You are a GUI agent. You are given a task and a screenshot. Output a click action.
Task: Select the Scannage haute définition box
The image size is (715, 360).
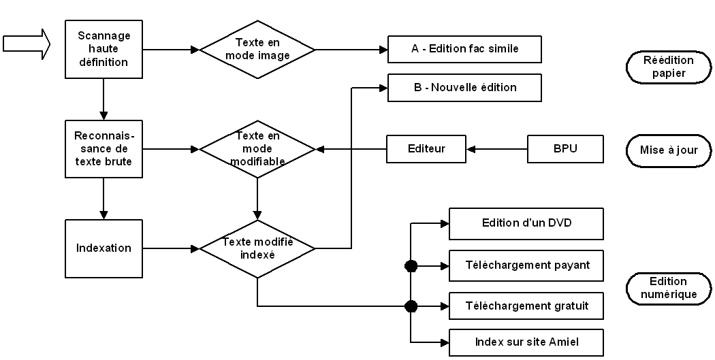[104, 49]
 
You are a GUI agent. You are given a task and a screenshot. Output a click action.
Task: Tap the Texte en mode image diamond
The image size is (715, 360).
[257, 50]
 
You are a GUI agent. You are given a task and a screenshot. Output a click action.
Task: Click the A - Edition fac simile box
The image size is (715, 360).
[464, 49]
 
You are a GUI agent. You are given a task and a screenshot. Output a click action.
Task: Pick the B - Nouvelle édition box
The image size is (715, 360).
[464, 88]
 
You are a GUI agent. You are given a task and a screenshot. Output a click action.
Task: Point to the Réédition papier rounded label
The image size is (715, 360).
[664, 67]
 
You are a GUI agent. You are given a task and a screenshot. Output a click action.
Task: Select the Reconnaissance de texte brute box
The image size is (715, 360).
[104, 148]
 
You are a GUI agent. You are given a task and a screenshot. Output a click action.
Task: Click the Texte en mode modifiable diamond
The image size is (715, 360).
[257, 148]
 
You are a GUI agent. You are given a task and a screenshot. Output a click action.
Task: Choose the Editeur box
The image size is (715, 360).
[426, 148]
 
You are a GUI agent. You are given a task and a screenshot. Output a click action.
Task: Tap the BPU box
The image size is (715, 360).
[565, 148]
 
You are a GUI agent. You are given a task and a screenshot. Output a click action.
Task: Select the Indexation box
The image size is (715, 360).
[104, 248]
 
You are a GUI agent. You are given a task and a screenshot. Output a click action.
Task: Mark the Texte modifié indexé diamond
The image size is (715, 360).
[257, 248]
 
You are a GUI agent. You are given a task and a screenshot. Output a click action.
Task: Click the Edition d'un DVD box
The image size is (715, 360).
[526, 223]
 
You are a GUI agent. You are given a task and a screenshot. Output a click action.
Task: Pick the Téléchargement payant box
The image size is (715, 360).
[526, 265]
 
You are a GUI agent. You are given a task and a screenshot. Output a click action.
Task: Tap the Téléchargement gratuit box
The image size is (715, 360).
[526, 306]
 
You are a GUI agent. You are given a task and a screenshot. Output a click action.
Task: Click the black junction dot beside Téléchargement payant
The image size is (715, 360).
[411, 266]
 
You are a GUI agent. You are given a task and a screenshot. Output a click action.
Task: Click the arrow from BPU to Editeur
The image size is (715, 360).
[496, 148]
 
